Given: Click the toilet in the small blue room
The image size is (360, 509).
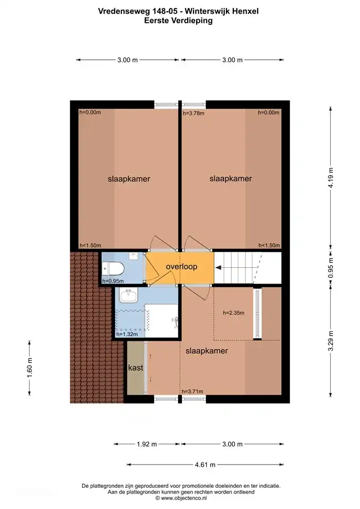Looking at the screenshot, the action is click(x=113, y=268).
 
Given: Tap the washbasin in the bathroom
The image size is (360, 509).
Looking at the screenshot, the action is click(x=129, y=295).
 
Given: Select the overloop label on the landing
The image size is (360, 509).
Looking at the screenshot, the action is click(x=181, y=267).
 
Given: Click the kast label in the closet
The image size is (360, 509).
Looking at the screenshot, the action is click(x=136, y=367).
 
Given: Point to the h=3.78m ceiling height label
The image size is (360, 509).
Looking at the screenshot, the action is click(x=194, y=113).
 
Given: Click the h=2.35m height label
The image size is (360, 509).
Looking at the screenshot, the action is click(x=234, y=313).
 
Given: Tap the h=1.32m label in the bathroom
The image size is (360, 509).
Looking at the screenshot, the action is click(x=127, y=334).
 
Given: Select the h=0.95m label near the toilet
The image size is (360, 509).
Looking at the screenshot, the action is click(x=113, y=281).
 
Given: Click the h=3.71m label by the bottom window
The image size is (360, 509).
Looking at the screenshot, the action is click(x=192, y=391).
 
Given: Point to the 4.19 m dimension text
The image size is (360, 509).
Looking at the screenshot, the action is click(x=331, y=178).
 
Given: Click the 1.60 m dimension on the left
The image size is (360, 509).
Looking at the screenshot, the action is click(x=30, y=367).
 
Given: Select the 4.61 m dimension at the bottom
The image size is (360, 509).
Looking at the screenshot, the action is click(x=205, y=464).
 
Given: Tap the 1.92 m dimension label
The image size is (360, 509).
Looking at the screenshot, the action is click(x=147, y=444).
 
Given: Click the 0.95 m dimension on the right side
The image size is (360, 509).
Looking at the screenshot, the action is click(x=331, y=268).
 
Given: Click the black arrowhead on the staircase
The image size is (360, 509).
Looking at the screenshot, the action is click(x=218, y=267).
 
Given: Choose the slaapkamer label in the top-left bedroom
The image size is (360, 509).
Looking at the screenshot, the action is click(x=129, y=179).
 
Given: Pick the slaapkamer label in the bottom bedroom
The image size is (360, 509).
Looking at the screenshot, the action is click(x=206, y=351).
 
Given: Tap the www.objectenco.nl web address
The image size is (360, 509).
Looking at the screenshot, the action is click(x=184, y=498).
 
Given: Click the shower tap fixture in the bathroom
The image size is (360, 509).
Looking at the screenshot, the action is click(x=174, y=321).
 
